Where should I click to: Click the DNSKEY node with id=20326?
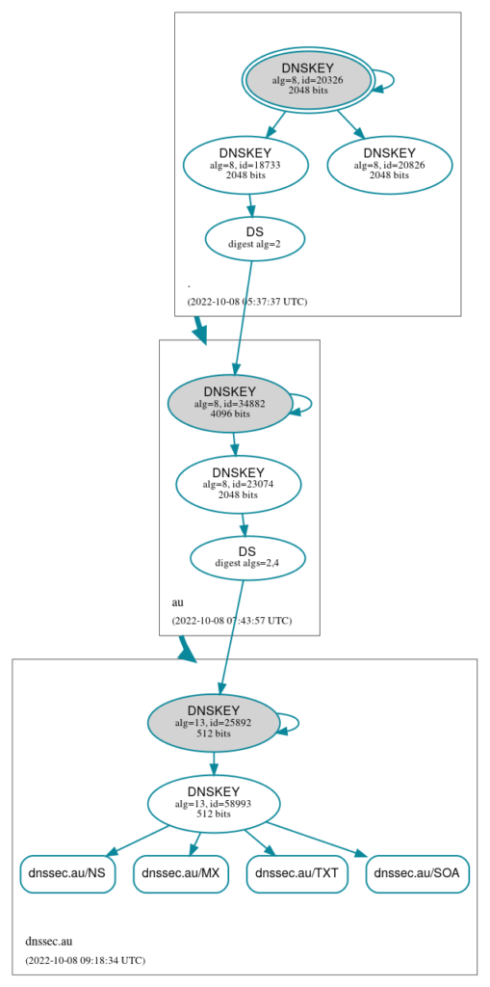308,79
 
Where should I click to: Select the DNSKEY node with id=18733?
245,164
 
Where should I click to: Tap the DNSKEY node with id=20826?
389,164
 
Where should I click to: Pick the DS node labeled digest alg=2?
255,239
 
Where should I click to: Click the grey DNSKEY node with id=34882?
229,403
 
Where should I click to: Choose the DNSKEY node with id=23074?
239,484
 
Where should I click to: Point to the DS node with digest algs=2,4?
247,558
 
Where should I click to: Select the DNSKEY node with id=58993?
214,803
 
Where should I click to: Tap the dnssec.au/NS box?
68,873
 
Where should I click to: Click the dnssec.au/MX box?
181,873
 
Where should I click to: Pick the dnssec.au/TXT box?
297,873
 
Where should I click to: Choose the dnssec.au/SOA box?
418,873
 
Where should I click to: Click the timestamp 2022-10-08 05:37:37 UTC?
247,302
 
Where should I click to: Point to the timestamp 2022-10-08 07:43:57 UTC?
231,621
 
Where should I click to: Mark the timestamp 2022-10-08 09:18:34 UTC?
85,961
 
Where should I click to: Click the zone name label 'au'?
178,602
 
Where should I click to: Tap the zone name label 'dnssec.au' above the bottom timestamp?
49,942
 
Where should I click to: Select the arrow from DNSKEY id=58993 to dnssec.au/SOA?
317,840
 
